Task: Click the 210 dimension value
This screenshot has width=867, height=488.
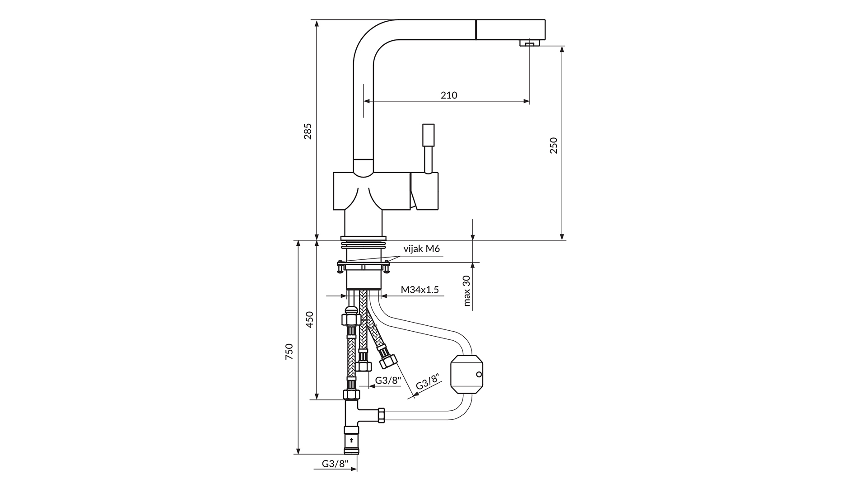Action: pyautogui.click(x=449, y=95)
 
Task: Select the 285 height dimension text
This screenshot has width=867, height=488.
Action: pyautogui.click(x=308, y=131)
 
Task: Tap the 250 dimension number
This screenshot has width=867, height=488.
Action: pyautogui.click(x=554, y=145)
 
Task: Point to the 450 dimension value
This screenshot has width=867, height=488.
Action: pyautogui.click(x=309, y=319)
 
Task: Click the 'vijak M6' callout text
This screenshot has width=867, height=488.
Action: pyautogui.click(x=421, y=249)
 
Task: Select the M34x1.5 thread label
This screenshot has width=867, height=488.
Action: pyautogui.click(x=420, y=290)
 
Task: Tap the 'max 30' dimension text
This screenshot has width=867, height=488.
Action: pyautogui.click(x=467, y=291)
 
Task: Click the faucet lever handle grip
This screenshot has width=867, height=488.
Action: pyautogui.click(x=428, y=135)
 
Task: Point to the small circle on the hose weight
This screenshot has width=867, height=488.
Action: pyautogui.click(x=479, y=375)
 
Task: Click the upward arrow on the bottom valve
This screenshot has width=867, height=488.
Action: pyautogui.click(x=351, y=440)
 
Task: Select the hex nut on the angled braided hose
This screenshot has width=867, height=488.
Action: pyautogui.click(x=388, y=361)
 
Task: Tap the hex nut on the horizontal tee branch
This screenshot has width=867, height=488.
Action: pyautogui.click(x=381, y=415)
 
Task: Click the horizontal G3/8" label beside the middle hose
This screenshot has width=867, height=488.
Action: pyautogui.click(x=388, y=380)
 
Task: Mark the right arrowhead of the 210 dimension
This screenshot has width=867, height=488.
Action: pyautogui.click(x=527, y=101)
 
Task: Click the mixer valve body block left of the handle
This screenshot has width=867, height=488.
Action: pyautogui.click(x=372, y=191)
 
